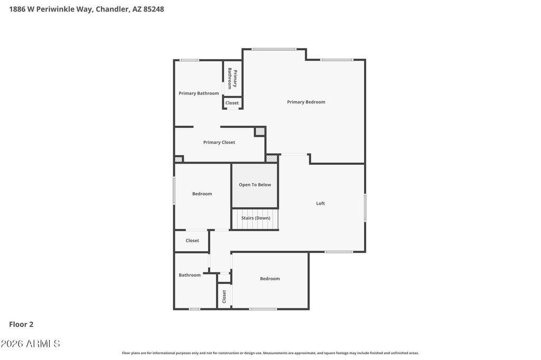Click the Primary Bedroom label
tap(306, 102)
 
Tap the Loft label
tap(321, 203)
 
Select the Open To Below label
tap(255, 185)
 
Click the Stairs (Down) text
tap(256, 218)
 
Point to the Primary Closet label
tap(219, 143)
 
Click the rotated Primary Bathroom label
tap(232, 78)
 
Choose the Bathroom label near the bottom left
tap(190, 275)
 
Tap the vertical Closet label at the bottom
tap(224, 297)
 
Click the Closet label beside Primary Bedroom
tap(232, 103)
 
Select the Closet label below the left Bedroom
tap(192, 241)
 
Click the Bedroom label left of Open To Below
tap(202, 194)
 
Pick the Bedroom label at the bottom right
tap(270, 279)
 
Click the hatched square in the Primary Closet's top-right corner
tap(260, 131)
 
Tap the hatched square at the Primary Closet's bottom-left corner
tap(179, 159)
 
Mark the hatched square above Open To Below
tap(272, 158)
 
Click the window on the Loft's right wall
tap(365, 207)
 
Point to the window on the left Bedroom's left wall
tap(174, 191)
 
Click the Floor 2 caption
tap(21, 325)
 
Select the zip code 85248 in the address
tap(154, 10)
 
